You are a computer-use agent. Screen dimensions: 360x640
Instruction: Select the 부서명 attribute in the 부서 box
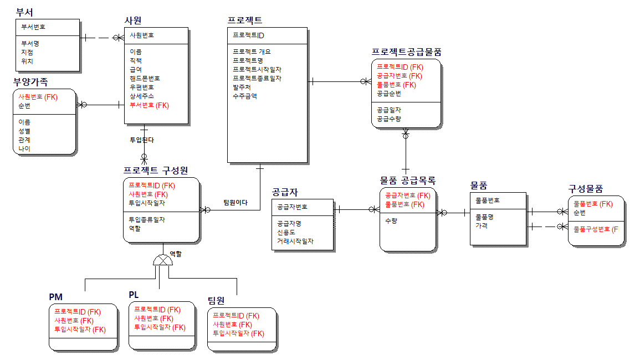tap(30, 43)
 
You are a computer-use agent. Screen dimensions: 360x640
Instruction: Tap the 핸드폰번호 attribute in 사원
tap(145, 79)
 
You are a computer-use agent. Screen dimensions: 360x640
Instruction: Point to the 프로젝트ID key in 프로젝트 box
tap(249, 35)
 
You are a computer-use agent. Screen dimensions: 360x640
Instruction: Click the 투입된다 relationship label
tap(142, 140)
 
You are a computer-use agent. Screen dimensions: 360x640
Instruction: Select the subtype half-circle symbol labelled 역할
tap(163, 260)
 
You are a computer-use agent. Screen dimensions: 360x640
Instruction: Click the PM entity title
tap(55, 297)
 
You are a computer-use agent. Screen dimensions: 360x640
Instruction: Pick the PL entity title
tap(134, 295)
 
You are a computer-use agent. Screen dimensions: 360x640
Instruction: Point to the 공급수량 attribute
tap(389, 119)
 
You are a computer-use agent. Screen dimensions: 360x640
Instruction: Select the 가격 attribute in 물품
tap(481, 225)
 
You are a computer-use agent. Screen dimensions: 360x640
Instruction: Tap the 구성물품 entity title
tap(585, 189)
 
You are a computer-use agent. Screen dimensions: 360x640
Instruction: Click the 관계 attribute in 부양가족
tap(24, 140)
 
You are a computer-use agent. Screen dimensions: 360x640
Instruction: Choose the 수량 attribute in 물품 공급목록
tap(390, 220)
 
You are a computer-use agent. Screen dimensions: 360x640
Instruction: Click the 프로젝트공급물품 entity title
tap(406, 52)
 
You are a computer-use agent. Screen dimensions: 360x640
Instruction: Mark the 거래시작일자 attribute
tap(295, 241)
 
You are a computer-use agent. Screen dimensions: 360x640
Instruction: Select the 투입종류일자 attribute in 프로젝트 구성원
tap(147, 219)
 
